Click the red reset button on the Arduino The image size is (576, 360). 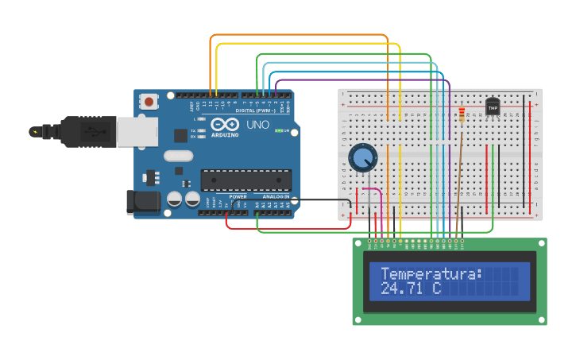pyautogui.click(x=148, y=101)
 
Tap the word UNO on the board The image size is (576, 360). pyautogui.click(x=258, y=125)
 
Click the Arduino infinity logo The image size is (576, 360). pyautogui.click(x=225, y=124)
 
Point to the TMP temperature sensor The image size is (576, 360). pyautogui.click(x=493, y=106)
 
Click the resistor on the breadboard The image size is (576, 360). pyautogui.click(x=462, y=116)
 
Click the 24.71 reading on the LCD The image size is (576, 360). pyautogui.click(x=401, y=288)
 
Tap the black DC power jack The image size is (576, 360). pyautogui.click(x=144, y=202)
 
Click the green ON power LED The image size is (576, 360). pyautogui.click(x=279, y=130)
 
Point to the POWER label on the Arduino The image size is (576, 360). pyautogui.click(x=238, y=196)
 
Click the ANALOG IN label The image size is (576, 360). pyautogui.click(x=276, y=196)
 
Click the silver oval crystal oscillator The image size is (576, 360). pyautogui.click(x=179, y=156)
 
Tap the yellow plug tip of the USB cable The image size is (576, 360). pyautogui.click(x=34, y=131)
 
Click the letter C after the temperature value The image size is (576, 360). pyautogui.click(x=436, y=288)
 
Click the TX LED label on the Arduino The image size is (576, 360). pyautogui.click(x=193, y=130)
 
